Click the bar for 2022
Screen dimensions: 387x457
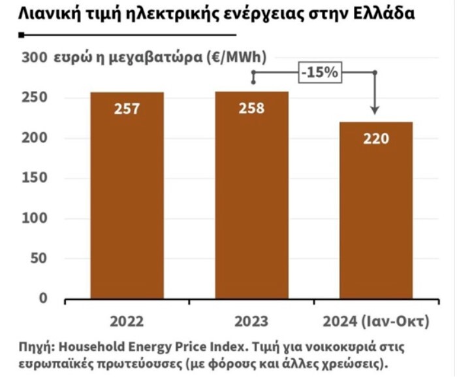[127, 196]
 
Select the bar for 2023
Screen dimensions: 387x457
[251, 196]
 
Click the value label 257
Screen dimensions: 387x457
[127, 109]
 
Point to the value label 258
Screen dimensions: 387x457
[251, 108]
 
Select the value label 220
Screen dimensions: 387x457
[375, 139]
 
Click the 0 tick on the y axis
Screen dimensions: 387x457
[44, 298]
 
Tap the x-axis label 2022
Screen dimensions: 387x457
[127, 322]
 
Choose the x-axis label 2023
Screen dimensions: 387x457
[251, 322]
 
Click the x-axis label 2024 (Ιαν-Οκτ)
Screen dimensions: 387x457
[376, 322]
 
